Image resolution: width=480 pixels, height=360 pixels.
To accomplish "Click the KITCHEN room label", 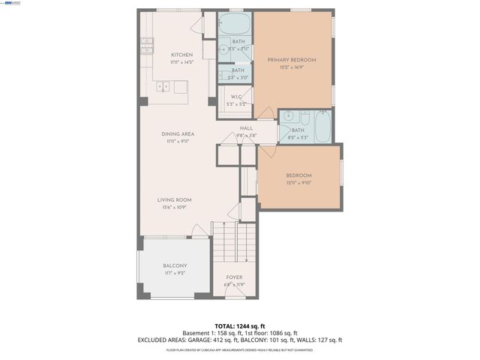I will click(x=181, y=55).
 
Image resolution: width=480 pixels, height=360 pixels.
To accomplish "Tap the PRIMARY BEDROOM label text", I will click(x=292, y=60).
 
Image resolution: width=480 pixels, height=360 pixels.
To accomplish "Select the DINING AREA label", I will click(x=178, y=133).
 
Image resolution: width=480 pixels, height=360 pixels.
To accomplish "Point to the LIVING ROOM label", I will click(x=174, y=199).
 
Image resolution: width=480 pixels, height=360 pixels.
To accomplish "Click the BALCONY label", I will click(x=175, y=266).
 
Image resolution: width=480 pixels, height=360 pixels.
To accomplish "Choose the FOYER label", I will click(x=235, y=277).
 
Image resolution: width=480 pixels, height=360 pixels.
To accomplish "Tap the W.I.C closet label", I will click(x=235, y=97).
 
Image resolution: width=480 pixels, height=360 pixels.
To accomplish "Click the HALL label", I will click(x=246, y=128).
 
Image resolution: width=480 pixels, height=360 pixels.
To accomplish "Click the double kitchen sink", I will click(x=163, y=88).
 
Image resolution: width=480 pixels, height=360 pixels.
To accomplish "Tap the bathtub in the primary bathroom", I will click(x=235, y=21).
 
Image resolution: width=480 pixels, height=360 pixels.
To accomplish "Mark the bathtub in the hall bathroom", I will click(x=323, y=127).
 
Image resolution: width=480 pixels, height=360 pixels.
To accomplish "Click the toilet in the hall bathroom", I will click(x=305, y=117).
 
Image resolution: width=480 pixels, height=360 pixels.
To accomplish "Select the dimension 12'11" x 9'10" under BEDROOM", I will click(x=298, y=183).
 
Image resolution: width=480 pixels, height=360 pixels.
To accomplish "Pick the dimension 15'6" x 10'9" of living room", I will click(x=174, y=207).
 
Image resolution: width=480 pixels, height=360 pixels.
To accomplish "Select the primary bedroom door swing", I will click(x=264, y=112).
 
